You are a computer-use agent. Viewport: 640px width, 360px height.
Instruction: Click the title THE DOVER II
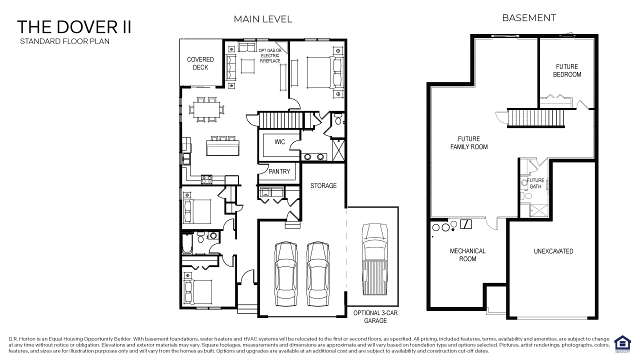pyautogui.click(x=74, y=26)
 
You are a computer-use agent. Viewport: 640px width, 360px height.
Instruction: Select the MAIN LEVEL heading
pyautogui.click(x=263, y=19)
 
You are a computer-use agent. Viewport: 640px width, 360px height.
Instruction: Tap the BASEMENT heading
pyautogui.click(x=529, y=18)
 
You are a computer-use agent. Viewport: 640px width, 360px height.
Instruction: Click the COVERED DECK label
pyautogui.click(x=200, y=63)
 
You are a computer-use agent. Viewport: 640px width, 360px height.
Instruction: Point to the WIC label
pyautogui.click(x=279, y=142)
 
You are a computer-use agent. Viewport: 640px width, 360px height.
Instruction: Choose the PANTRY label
pyautogui.click(x=279, y=171)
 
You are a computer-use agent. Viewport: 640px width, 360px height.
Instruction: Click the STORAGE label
pyautogui.click(x=323, y=185)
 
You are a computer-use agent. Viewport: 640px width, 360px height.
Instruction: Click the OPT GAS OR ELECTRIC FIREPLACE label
pyautogui.click(x=270, y=55)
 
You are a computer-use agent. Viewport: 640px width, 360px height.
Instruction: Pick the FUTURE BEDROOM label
pyautogui.click(x=567, y=70)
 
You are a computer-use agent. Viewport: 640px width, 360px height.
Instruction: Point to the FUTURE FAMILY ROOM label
pyautogui.click(x=468, y=143)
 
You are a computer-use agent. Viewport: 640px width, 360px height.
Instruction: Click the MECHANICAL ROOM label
pyautogui.click(x=467, y=255)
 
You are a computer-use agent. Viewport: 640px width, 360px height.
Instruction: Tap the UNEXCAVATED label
pyautogui.click(x=553, y=251)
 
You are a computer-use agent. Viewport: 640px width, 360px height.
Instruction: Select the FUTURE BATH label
pyautogui.click(x=535, y=183)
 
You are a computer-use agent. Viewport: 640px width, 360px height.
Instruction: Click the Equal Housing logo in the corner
pyautogui.click(x=622, y=343)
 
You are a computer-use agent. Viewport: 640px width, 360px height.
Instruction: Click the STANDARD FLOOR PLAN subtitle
pyautogui.click(x=64, y=41)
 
